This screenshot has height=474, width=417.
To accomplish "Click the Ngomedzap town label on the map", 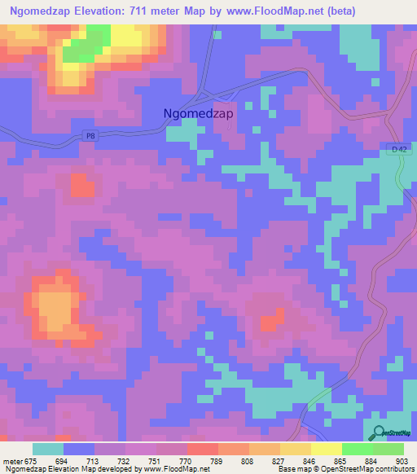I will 198,114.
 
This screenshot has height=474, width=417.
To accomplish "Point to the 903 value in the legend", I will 399,461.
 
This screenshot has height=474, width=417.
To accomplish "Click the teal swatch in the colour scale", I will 48,449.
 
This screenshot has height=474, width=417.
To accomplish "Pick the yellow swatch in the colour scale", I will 327,449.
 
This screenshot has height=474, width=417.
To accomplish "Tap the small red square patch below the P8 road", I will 82,186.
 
